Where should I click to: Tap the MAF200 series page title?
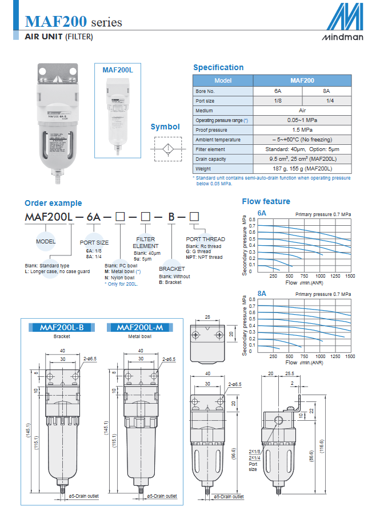(x=74, y=22)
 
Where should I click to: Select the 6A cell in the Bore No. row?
(x=277, y=91)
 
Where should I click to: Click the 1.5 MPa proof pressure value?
(x=302, y=130)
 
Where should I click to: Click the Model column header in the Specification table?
(x=223, y=81)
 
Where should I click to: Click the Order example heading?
(x=53, y=203)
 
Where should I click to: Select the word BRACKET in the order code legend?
(x=172, y=269)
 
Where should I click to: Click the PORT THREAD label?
(x=206, y=239)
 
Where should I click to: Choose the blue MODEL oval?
(x=45, y=241)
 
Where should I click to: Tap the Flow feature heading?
(x=266, y=201)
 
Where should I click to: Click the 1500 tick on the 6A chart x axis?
(x=350, y=275)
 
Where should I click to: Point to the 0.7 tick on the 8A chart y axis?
(x=252, y=306)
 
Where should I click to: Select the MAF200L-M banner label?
(x=140, y=327)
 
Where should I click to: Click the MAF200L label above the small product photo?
(x=118, y=70)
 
